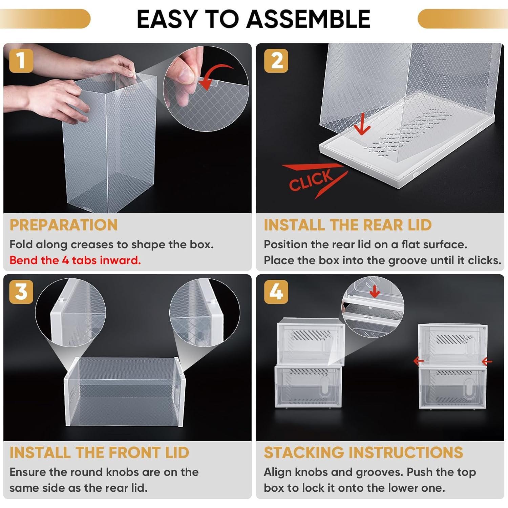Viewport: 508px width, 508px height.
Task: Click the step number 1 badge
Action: [x=21, y=61]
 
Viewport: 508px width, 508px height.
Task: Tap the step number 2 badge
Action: [x=276, y=61]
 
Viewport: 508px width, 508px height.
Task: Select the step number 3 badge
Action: [x=21, y=292]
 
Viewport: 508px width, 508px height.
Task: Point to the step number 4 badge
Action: [x=276, y=292]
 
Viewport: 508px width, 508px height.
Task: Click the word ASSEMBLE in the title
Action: [x=308, y=19]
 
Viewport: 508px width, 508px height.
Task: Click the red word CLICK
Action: [x=311, y=180]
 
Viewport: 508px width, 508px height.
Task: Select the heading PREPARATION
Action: [x=64, y=225]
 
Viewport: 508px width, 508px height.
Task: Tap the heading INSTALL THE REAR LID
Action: [x=347, y=225]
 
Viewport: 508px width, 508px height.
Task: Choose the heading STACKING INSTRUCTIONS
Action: [x=363, y=452]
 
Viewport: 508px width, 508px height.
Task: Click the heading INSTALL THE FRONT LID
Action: [x=99, y=452]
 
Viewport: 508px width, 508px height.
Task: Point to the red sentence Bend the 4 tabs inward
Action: [x=75, y=260]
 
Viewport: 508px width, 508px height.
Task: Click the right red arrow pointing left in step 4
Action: [x=487, y=362]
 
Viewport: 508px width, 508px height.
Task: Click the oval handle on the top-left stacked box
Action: [x=325, y=345]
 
